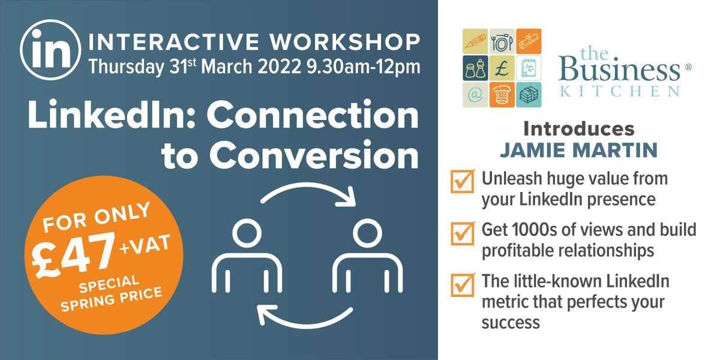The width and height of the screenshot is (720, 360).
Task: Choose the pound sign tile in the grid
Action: click(502, 68)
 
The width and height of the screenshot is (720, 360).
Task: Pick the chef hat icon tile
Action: click(502, 95)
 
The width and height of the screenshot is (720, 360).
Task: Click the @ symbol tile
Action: click(475, 95)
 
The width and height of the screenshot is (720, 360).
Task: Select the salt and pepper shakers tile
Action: click(475, 68)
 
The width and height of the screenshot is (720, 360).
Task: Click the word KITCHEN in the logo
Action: click(619, 92)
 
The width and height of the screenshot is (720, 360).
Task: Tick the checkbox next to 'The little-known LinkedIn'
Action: click(461, 283)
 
